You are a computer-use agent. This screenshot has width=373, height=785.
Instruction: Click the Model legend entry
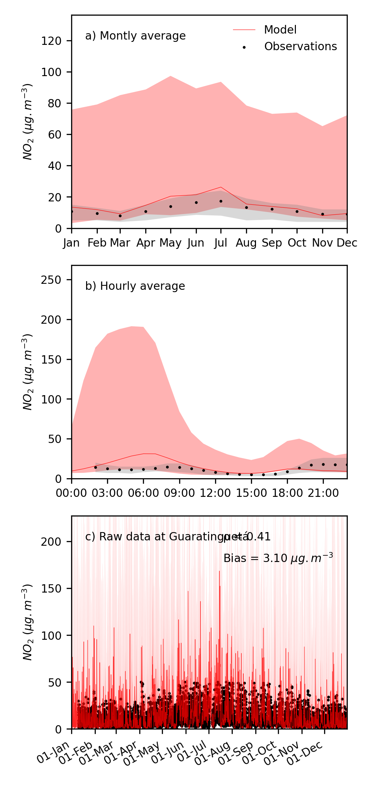coord(280,30)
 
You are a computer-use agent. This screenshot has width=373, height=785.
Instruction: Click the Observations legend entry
coord(300,47)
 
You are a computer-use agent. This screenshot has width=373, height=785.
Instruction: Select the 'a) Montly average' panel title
coord(135,36)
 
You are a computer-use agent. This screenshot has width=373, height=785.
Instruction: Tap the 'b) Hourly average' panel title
coord(135,286)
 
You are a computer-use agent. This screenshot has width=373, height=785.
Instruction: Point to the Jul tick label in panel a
coord(221,243)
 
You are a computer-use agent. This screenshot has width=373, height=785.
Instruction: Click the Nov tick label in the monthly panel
coord(322,243)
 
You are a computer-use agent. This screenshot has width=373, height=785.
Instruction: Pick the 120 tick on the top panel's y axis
coord(51,41)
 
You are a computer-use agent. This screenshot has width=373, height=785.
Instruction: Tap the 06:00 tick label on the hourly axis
coord(143,493)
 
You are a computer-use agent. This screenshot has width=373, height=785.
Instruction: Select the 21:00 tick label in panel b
coord(323,493)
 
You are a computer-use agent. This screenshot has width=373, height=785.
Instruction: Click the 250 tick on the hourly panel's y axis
coord(51,280)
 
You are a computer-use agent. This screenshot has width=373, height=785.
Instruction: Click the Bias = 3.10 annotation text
coord(278,558)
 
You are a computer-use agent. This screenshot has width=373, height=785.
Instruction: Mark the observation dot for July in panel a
coord(221,201)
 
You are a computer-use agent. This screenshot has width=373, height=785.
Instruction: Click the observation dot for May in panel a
coord(171,207)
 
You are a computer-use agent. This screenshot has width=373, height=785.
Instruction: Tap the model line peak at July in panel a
coord(221,187)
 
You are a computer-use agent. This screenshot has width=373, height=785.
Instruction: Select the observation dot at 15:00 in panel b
coord(251,475)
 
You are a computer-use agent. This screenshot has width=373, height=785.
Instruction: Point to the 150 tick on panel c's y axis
coord(51,589)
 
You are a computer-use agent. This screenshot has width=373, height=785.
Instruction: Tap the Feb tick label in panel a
coord(97,243)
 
